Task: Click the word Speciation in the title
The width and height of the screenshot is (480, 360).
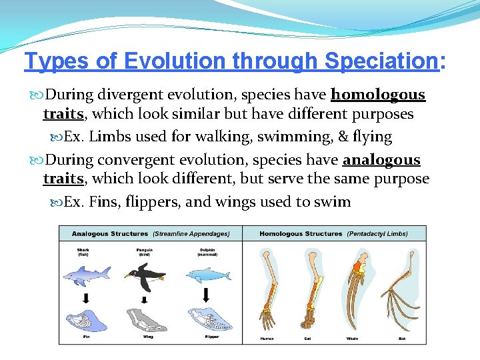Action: pyautogui.click(x=380, y=61)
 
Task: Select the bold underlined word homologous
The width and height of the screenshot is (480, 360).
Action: pyautogui.click(x=378, y=95)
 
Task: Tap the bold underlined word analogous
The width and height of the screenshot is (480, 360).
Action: pyautogui.click(x=381, y=160)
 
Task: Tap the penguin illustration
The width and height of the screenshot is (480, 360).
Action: pyautogui.click(x=145, y=275)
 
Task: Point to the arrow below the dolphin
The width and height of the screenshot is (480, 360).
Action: pyautogui.click(x=206, y=295)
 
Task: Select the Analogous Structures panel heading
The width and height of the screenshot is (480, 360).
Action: pyautogui.click(x=110, y=234)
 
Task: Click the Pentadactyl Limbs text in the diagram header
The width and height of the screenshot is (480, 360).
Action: pyautogui.click(x=378, y=234)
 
